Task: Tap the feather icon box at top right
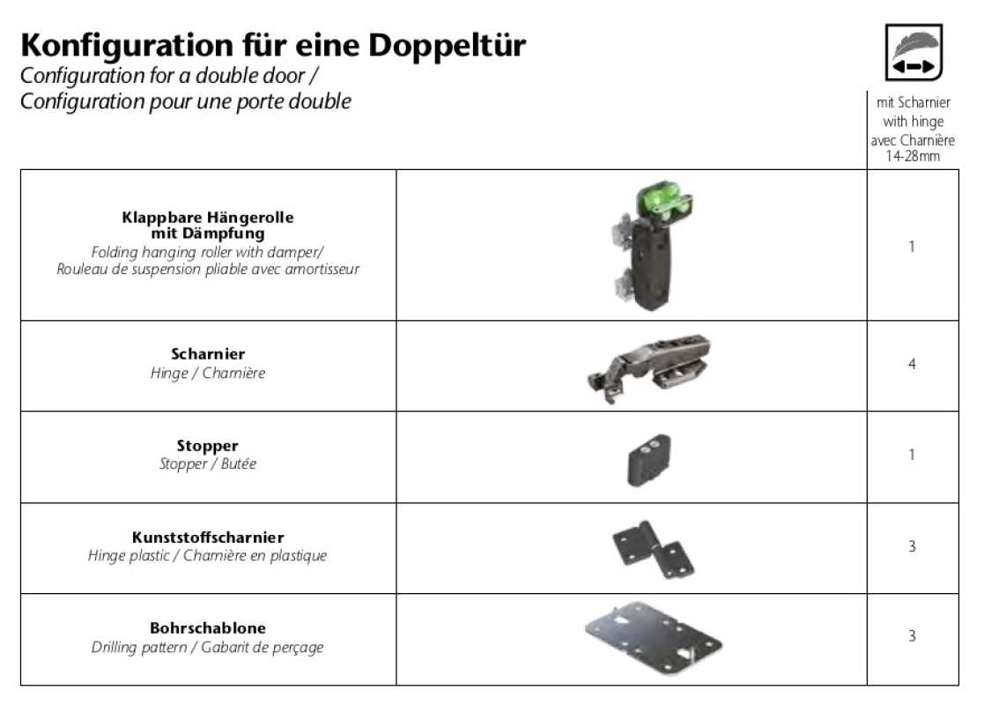point(914,52)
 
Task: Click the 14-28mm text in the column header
point(913,156)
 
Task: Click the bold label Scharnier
point(208,353)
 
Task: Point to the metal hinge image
point(648,367)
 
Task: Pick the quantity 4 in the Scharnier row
point(912,363)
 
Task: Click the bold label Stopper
point(207,446)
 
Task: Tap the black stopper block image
point(649,459)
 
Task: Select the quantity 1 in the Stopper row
point(912,455)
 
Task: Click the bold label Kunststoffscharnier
point(208,538)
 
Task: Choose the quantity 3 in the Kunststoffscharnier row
point(912,546)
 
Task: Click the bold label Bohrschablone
point(208,627)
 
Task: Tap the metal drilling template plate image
point(654,638)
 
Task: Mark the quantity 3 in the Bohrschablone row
point(912,636)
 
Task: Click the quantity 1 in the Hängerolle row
point(912,246)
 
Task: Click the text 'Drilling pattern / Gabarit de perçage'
point(207,647)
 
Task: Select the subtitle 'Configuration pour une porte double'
point(186,101)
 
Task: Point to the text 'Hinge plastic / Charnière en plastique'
point(207,555)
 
